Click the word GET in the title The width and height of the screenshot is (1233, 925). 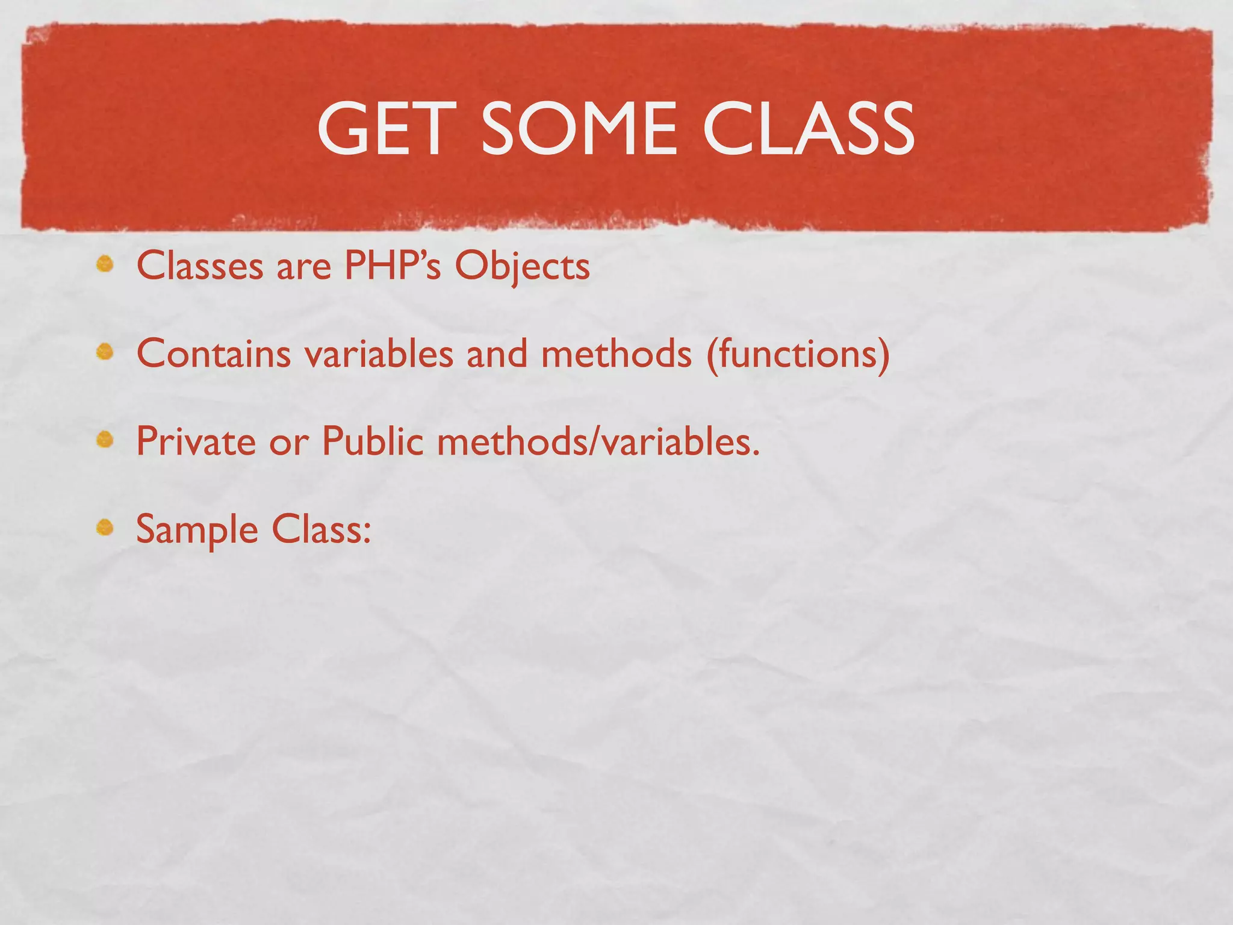click(384, 128)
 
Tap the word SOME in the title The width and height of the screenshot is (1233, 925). click(579, 128)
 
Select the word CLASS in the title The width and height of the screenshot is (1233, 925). click(808, 128)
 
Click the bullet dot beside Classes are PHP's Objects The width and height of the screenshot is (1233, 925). click(105, 264)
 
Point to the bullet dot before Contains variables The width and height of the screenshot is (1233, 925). click(105, 352)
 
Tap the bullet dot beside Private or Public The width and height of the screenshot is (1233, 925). click(105, 440)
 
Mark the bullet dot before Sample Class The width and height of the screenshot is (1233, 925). click(105, 528)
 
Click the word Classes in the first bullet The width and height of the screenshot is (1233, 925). click(200, 266)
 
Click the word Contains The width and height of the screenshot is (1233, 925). click(214, 353)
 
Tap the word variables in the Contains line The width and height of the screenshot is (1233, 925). click(379, 353)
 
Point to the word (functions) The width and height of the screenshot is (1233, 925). click(798, 353)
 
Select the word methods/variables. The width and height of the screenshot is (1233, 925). click(598, 441)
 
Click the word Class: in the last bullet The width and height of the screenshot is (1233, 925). click(321, 529)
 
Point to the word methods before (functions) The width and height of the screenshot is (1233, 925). click(616, 353)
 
